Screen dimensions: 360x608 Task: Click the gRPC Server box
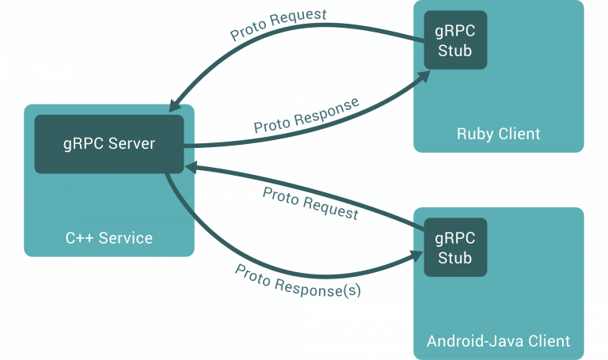coord(109,144)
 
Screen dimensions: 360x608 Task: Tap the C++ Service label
coord(109,237)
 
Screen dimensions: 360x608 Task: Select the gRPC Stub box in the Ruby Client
coord(454,39)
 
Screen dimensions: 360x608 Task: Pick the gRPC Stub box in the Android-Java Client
coord(454,247)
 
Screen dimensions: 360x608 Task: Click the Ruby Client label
coord(499,133)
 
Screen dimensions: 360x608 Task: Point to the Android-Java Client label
coord(499,341)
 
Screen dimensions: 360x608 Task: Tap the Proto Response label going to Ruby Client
coord(306,116)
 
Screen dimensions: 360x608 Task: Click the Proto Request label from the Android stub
coord(310,203)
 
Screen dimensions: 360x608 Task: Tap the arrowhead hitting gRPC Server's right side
coord(191,167)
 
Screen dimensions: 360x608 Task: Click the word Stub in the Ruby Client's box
coord(454,50)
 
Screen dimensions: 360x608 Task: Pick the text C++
coord(79,237)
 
